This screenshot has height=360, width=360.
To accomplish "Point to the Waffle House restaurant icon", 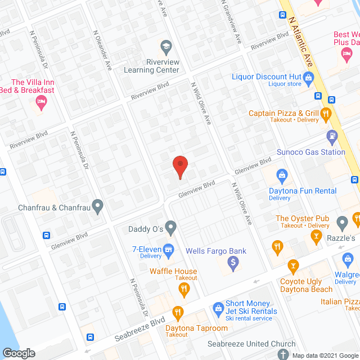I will click(x=184, y=290).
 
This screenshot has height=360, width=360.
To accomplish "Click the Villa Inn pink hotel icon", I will click(x=40, y=102).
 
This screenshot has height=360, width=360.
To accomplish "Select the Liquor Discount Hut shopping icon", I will click(x=308, y=76).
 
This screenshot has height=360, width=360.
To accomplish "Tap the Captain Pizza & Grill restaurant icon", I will click(x=326, y=114).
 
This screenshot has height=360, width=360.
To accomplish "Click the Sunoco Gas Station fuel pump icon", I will click(x=332, y=136).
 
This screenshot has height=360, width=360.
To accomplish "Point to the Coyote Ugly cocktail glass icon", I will click(x=292, y=265).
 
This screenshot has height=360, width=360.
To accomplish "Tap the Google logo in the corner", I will click(x=19, y=353).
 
